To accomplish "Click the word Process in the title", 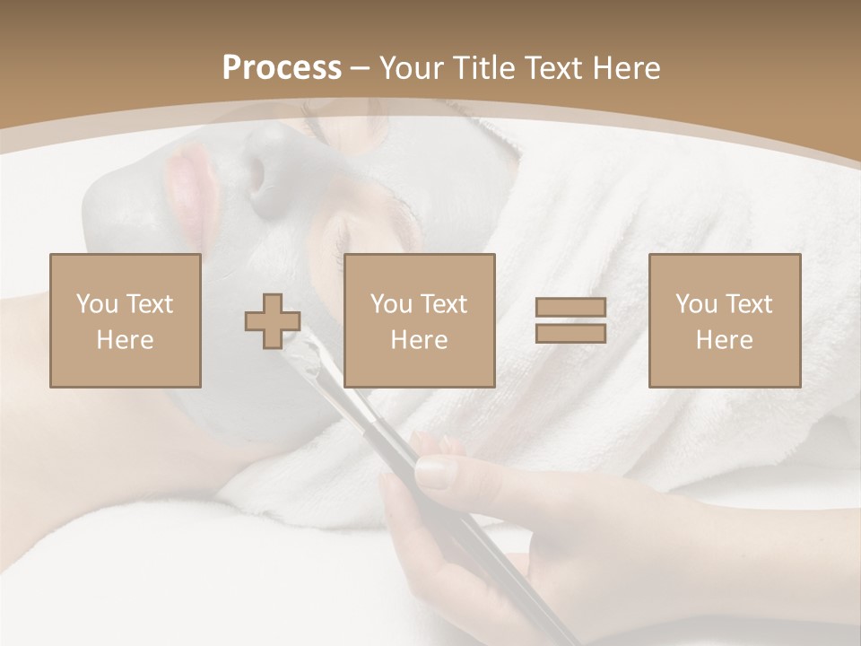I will [282, 68].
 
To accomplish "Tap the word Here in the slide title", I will [626, 68].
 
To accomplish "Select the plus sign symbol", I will [273, 321].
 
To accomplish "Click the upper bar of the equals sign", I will [570, 308].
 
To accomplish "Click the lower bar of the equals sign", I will [570, 334].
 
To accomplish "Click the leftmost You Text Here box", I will [126, 320].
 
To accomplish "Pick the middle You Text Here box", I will [420, 320].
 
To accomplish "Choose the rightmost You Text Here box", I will [725, 320].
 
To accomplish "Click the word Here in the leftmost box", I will [126, 340].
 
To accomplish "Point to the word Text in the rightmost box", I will [750, 304].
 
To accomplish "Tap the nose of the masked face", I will [269, 175].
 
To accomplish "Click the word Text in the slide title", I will [555, 68].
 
